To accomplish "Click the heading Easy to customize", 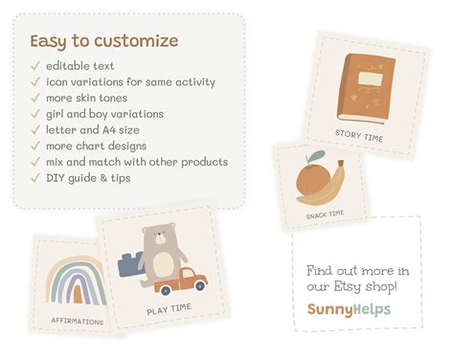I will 103,41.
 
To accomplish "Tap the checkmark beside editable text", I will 34,66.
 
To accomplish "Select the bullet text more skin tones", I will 85,98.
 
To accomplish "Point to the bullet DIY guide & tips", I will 89,178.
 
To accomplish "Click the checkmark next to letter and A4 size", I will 34,130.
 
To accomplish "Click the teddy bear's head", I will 159,240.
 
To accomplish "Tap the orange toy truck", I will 181,280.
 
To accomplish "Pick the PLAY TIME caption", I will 169,308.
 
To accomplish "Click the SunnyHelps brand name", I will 349,309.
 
